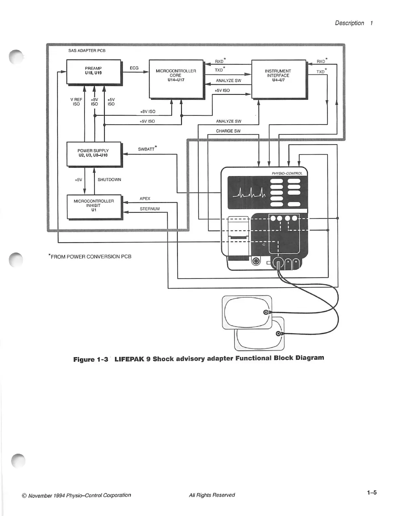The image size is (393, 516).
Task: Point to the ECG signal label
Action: tap(134, 68)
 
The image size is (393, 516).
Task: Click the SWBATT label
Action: tap(146, 149)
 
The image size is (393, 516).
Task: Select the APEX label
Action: tap(145, 198)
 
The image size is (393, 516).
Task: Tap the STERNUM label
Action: tap(150, 209)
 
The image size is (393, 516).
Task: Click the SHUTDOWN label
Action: tap(109, 180)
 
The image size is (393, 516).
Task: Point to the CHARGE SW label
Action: tap(228, 131)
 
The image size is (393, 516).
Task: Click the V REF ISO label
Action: tap(76, 102)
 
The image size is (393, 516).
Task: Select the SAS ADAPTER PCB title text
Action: tap(87, 51)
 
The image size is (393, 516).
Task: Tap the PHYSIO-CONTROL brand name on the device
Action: tap(287, 173)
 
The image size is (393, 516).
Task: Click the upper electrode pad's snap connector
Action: tap(266, 312)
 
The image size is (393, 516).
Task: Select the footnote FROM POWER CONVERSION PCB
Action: tap(90, 257)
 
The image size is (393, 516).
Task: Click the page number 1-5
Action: tap(372, 493)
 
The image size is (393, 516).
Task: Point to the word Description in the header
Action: tap(349, 23)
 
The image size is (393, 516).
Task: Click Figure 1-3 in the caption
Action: tap(90, 360)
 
